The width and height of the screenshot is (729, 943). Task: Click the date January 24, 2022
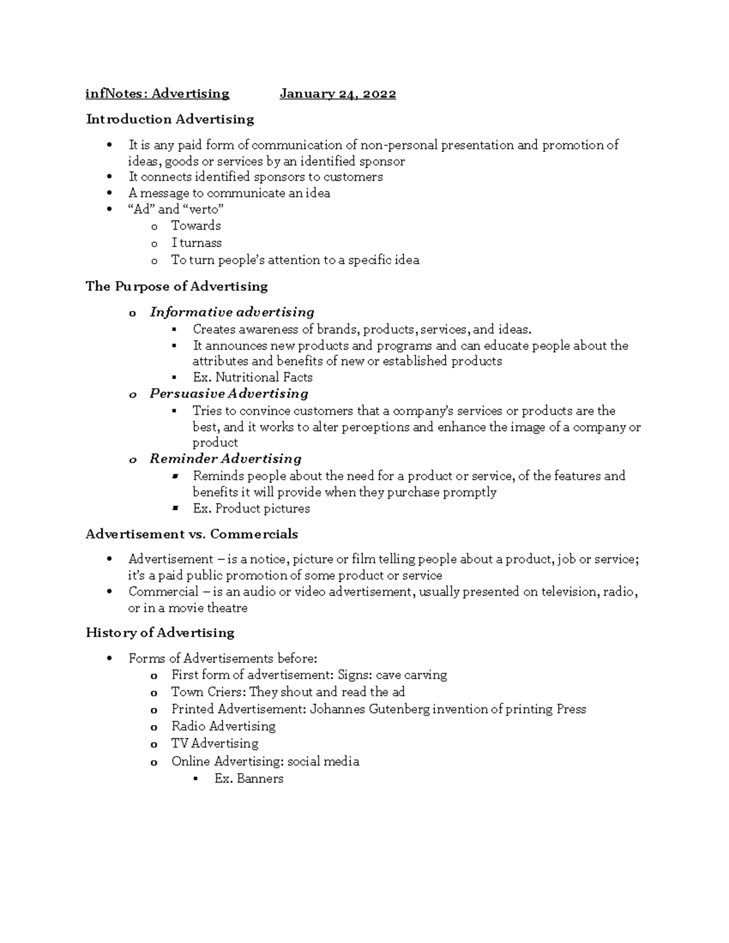pyautogui.click(x=338, y=94)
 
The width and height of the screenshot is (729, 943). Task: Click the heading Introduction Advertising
pyautogui.click(x=170, y=119)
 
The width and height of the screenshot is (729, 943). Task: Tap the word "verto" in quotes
pyautogui.click(x=204, y=209)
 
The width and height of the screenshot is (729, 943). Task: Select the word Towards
pyautogui.click(x=196, y=226)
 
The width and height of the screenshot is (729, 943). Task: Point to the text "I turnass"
pyautogui.click(x=196, y=243)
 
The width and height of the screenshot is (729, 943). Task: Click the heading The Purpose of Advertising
pyautogui.click(x=177, y=286)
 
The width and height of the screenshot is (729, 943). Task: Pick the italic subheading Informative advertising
pyautogui.click(x=232, y=312)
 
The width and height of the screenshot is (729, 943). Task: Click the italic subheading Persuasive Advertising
pyautogui.click(x=229, y=393)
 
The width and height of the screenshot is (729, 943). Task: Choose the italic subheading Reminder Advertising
pyautogui.click(x=225, y=458)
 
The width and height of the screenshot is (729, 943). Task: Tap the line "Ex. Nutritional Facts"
pyautogui.click(x=253, y=377)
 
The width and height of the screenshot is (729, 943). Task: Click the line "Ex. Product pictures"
pyautogui.click(x=252, y=509)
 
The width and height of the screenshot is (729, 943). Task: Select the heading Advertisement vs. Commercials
pyautogui.click(x=192, y=534)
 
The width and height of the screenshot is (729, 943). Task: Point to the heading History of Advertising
pyautogui.click(x=160, y=633)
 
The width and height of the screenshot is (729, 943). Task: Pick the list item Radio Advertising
pyautogui.click(x=224, y=726)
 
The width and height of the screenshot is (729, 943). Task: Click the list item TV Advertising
pyautogui.click(x=215, y=743)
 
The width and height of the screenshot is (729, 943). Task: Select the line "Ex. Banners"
pyautogui.click(x=249, y=779)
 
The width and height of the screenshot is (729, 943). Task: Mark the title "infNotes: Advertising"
pyautogui.click(x=157, y=94)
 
